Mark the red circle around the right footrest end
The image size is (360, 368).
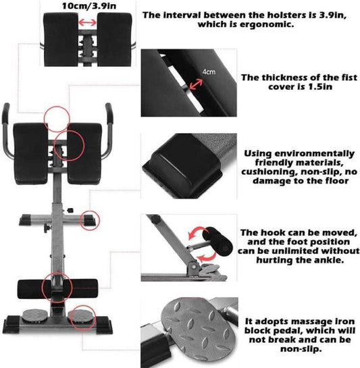89,220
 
